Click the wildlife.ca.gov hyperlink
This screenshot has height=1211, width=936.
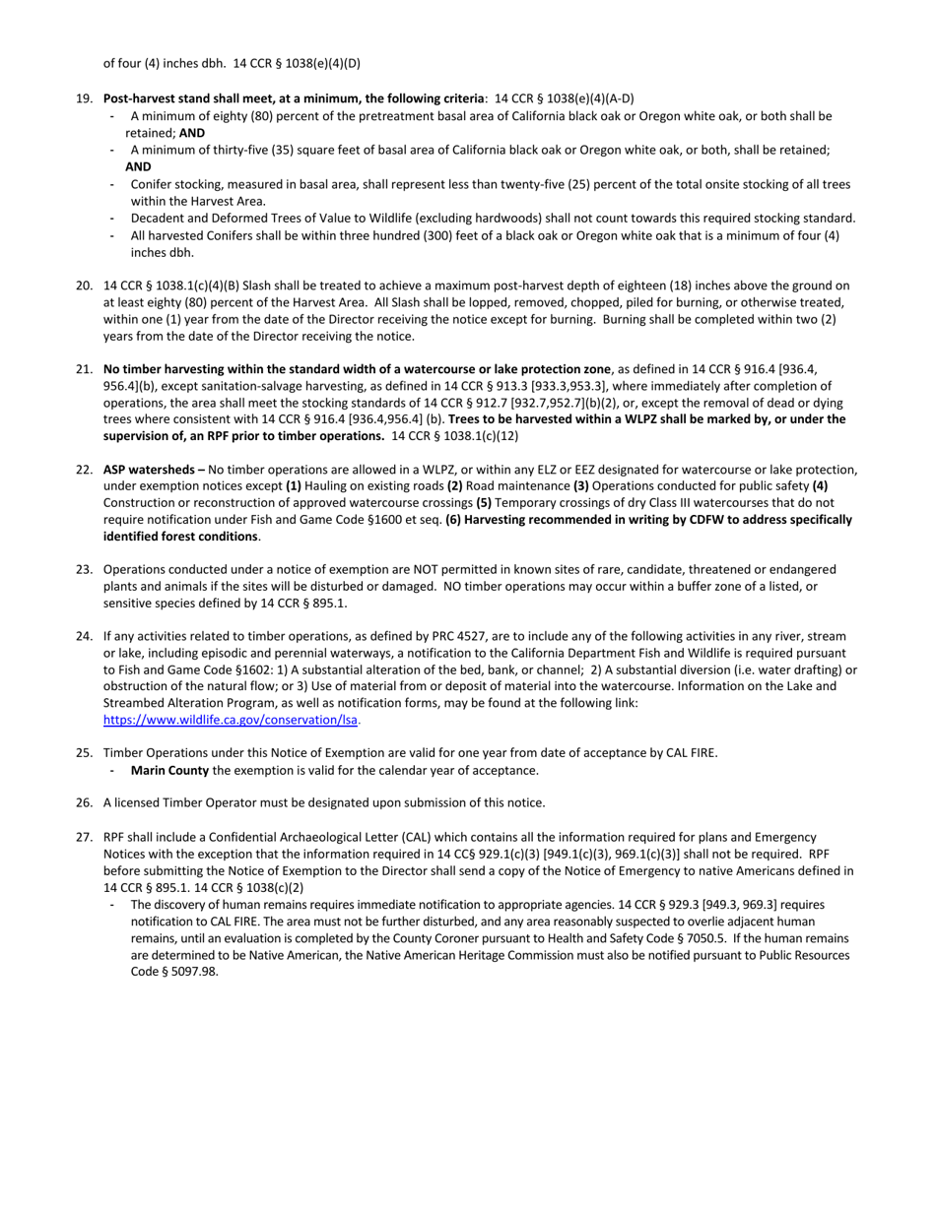[231, 720]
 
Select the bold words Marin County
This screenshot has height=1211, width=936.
[168, 770]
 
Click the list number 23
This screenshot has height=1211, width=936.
[84, 569]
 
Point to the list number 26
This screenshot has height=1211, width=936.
[84, 802]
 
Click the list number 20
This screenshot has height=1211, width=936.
[84, 286]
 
